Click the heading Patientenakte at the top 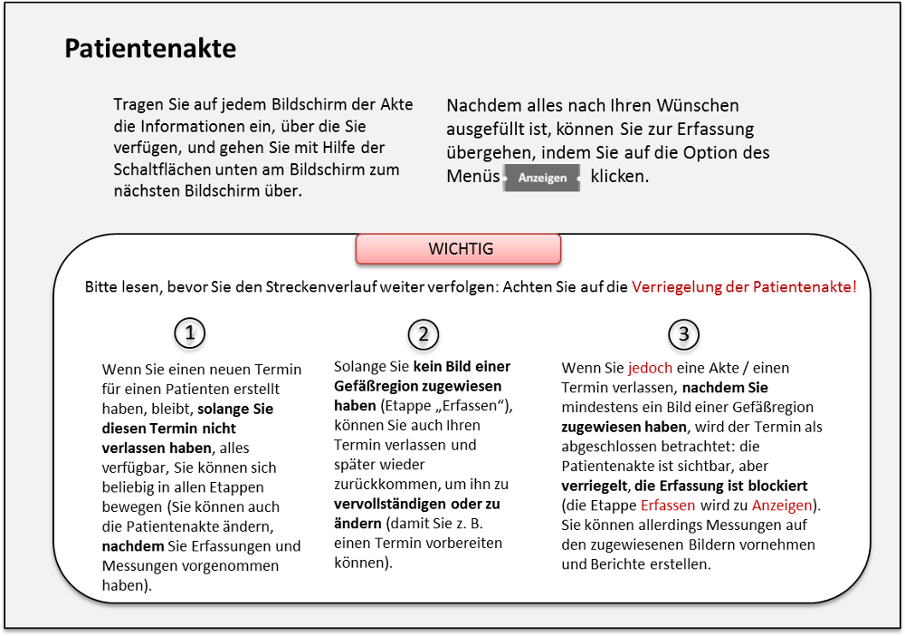pos(150,49)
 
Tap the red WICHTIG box pos(459,249)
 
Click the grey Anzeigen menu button pos(542,178)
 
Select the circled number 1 pos(190,333)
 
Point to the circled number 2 pos(423,334)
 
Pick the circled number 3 pos(683,334)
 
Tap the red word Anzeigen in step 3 pos(780,505)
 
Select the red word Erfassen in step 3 pos(668,505)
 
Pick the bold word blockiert pos(776,485)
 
